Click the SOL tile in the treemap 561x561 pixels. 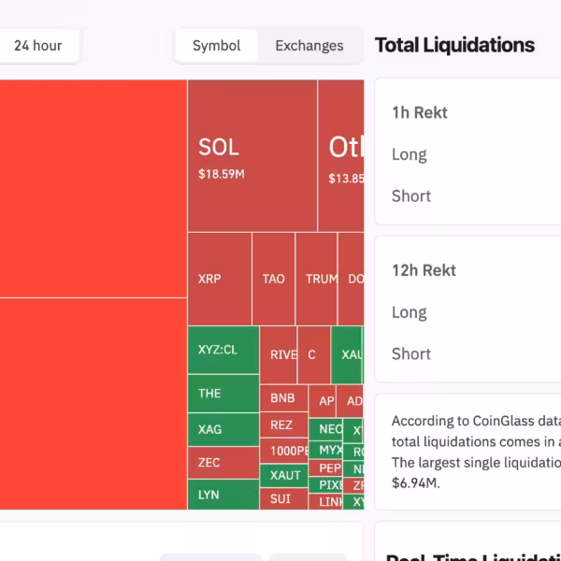[252, 155]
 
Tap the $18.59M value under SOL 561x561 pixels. [222, 174]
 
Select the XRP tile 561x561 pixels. [219, 279]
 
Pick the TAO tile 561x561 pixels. [273, 279]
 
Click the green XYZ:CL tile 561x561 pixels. [223, 351]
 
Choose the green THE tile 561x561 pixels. [223, 394]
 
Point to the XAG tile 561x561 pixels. [223, 429]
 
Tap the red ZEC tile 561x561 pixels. [223, 462]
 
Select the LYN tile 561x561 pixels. [223, 494]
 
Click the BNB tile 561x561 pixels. [282, 398]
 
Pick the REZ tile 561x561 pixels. [282, 424]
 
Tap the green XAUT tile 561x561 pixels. [285, 475]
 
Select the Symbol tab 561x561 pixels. [216, 45]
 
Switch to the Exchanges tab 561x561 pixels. [309, 45]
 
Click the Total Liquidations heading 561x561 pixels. [454, 45]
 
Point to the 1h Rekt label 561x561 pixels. [420, 112]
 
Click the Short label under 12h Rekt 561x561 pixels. [411, 353]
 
